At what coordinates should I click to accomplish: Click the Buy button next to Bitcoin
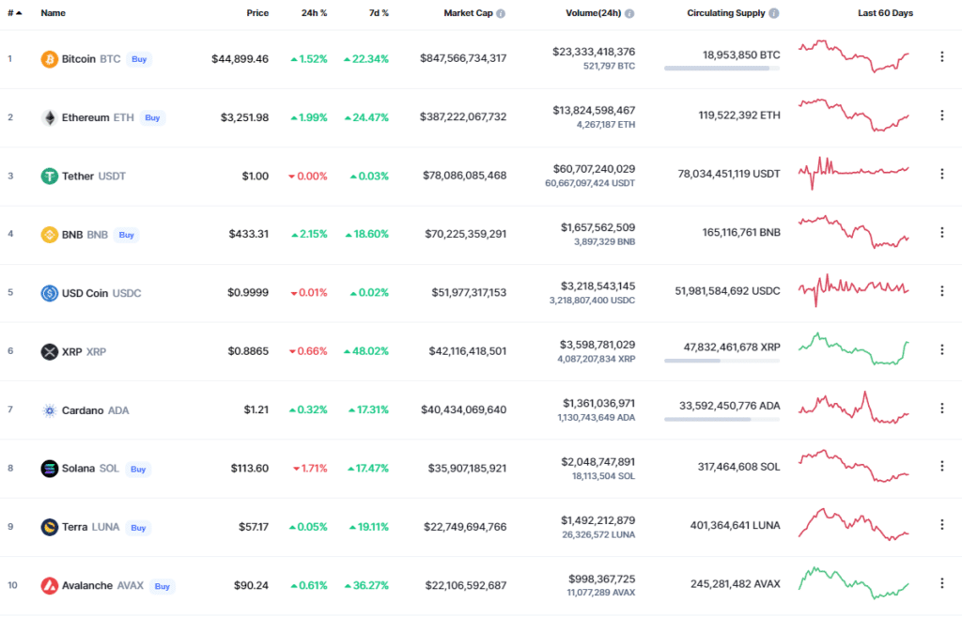pyautogui.click(x=139, y=59)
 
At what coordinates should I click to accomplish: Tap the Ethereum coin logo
pyautogui.click(x=49, y=117)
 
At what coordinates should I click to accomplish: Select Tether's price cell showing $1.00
pyautogui.click(x=255, y=176)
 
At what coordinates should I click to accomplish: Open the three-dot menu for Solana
pyautogui.click(x=942, y=468)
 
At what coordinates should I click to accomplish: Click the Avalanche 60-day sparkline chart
pyautogui.click(x=853, y=582)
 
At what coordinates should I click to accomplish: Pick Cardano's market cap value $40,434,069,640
pyautogui.click(x=465, y=409)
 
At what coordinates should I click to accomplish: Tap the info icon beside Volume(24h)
pyautogui.click(x=629, y=14)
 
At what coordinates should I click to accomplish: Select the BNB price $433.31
pyautogui.click(x=248, y=234)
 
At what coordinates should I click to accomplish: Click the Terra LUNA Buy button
pyautogui.click(x=138, y=527)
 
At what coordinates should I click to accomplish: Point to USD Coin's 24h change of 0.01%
pyautogui.click(x=308, y=292)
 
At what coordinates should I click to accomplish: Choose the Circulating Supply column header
pyautogui.click(x=725, y=13)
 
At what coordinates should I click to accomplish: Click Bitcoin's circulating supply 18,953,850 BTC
pyautogui.click(x=741, y=55)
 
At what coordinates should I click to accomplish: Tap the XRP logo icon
pyautogui.click(x=49, y=351)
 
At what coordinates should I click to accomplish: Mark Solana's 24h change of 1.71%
pyautogui.click(x=309, y=468)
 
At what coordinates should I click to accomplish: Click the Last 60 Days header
pyautogui.click(x=885, y=13)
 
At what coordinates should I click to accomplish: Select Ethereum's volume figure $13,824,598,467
pyautogui.click(x=597, y=110)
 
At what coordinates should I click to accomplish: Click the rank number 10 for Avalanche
pyautogui.click(x=12, y=585)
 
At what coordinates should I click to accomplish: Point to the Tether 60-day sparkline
pyautogui.click(x=853, y=172)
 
